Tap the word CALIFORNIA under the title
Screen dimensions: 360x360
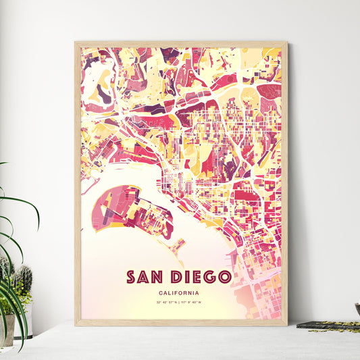[x=180, y=292]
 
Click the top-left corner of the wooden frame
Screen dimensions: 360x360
[x=76, y=43]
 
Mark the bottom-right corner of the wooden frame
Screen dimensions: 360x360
[x=286, y=325]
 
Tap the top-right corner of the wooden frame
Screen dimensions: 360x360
[x=286, y=43]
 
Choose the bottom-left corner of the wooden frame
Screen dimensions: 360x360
[x=76, y=325]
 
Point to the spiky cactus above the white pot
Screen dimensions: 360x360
[x=23, y=280]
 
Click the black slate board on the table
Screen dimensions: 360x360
[x=328, y=326]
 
